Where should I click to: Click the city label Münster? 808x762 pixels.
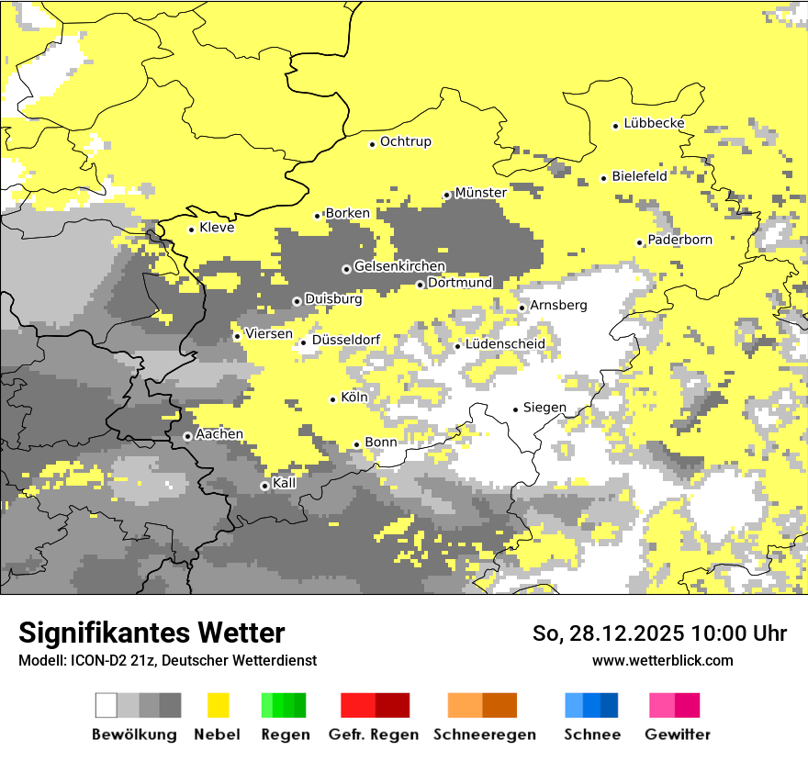480,193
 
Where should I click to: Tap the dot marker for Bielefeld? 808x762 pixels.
603,178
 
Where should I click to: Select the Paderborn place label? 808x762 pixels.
679,241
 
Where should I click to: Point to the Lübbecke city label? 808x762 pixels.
654,124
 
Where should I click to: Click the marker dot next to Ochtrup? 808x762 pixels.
372,143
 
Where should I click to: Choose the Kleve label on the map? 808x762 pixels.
217,228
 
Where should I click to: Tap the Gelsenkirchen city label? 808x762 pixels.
399,267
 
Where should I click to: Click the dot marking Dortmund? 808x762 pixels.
420,285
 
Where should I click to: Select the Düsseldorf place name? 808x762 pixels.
346,341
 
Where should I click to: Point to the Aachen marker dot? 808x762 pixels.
187,436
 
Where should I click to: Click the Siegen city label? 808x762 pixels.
544,408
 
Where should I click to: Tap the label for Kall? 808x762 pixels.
284,483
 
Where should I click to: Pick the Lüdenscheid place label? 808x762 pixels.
505,344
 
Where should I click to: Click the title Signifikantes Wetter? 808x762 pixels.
151,633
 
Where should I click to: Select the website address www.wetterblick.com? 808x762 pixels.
662,660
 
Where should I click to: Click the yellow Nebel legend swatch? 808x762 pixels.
218,705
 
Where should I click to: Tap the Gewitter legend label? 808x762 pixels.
677,734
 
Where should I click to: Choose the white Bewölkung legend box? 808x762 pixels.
107,705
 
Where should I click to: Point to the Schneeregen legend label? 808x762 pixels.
484,734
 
